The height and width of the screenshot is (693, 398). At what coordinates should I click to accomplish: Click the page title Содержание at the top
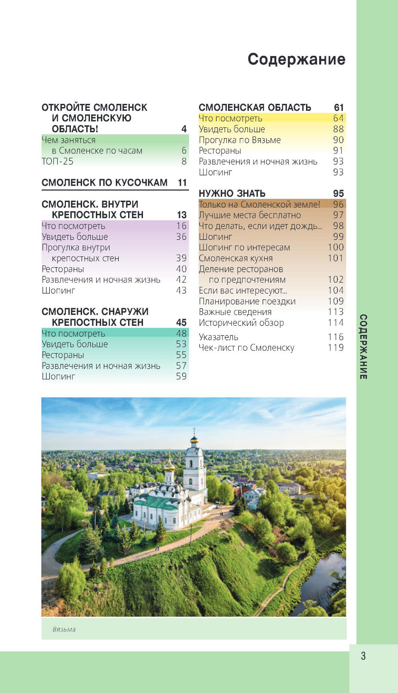296,59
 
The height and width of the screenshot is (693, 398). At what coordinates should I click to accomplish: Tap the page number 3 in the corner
363,656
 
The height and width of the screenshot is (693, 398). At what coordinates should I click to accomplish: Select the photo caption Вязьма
64,629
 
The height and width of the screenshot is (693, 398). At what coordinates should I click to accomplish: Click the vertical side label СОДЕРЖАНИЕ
363,346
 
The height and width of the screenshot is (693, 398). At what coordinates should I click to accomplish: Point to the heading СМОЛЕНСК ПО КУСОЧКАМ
105,183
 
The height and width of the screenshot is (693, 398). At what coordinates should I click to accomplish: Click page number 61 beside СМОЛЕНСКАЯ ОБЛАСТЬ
339,108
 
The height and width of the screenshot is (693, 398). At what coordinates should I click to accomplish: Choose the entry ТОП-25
58,161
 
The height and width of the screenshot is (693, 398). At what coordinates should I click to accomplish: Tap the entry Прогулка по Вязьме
240,140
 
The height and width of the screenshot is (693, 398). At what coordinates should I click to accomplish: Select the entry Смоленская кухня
236,258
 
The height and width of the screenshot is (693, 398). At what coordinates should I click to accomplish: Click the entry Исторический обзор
241,323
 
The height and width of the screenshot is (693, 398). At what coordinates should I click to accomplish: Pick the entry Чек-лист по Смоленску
246,348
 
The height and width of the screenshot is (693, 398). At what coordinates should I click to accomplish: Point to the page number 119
336,348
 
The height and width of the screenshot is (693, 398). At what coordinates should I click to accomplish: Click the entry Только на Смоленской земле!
259,204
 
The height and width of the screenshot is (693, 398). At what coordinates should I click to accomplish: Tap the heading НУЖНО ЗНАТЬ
232,194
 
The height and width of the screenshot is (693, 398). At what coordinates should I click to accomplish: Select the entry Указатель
219,337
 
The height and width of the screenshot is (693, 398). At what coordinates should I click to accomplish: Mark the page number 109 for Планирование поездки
336,301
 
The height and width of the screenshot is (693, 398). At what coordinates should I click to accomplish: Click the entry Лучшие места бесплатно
250,215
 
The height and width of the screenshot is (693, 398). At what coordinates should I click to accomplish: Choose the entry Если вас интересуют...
243,290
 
